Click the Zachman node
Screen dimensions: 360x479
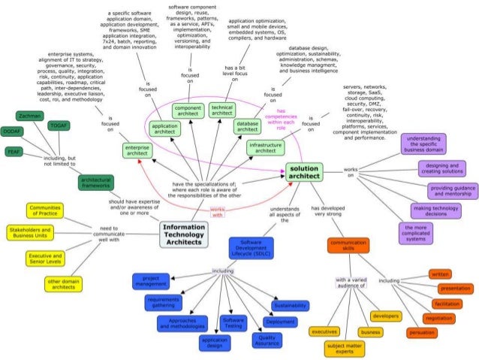click(30, 116)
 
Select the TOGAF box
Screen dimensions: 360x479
click(59, 126)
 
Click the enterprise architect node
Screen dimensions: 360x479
click(138, 152)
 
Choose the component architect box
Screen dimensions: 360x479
click(188, 110)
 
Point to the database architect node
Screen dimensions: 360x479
click(247, 126)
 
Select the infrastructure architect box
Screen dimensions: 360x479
click(266, 147)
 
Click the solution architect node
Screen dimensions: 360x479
click(304, 172)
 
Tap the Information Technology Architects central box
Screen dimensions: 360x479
click(184, 234)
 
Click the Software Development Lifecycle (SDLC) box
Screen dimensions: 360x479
click(251, 248)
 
